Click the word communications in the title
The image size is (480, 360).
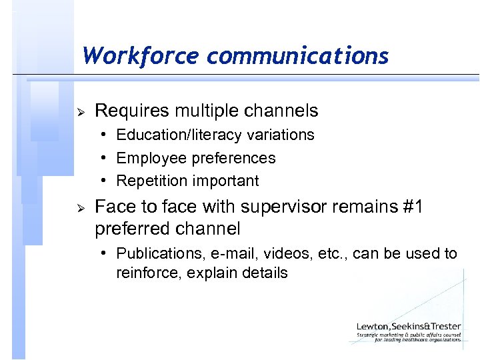(x=297, y=55)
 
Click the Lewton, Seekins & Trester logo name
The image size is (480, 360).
(x=408, y=327)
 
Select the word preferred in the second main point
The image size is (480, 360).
(x=131, y=229)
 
